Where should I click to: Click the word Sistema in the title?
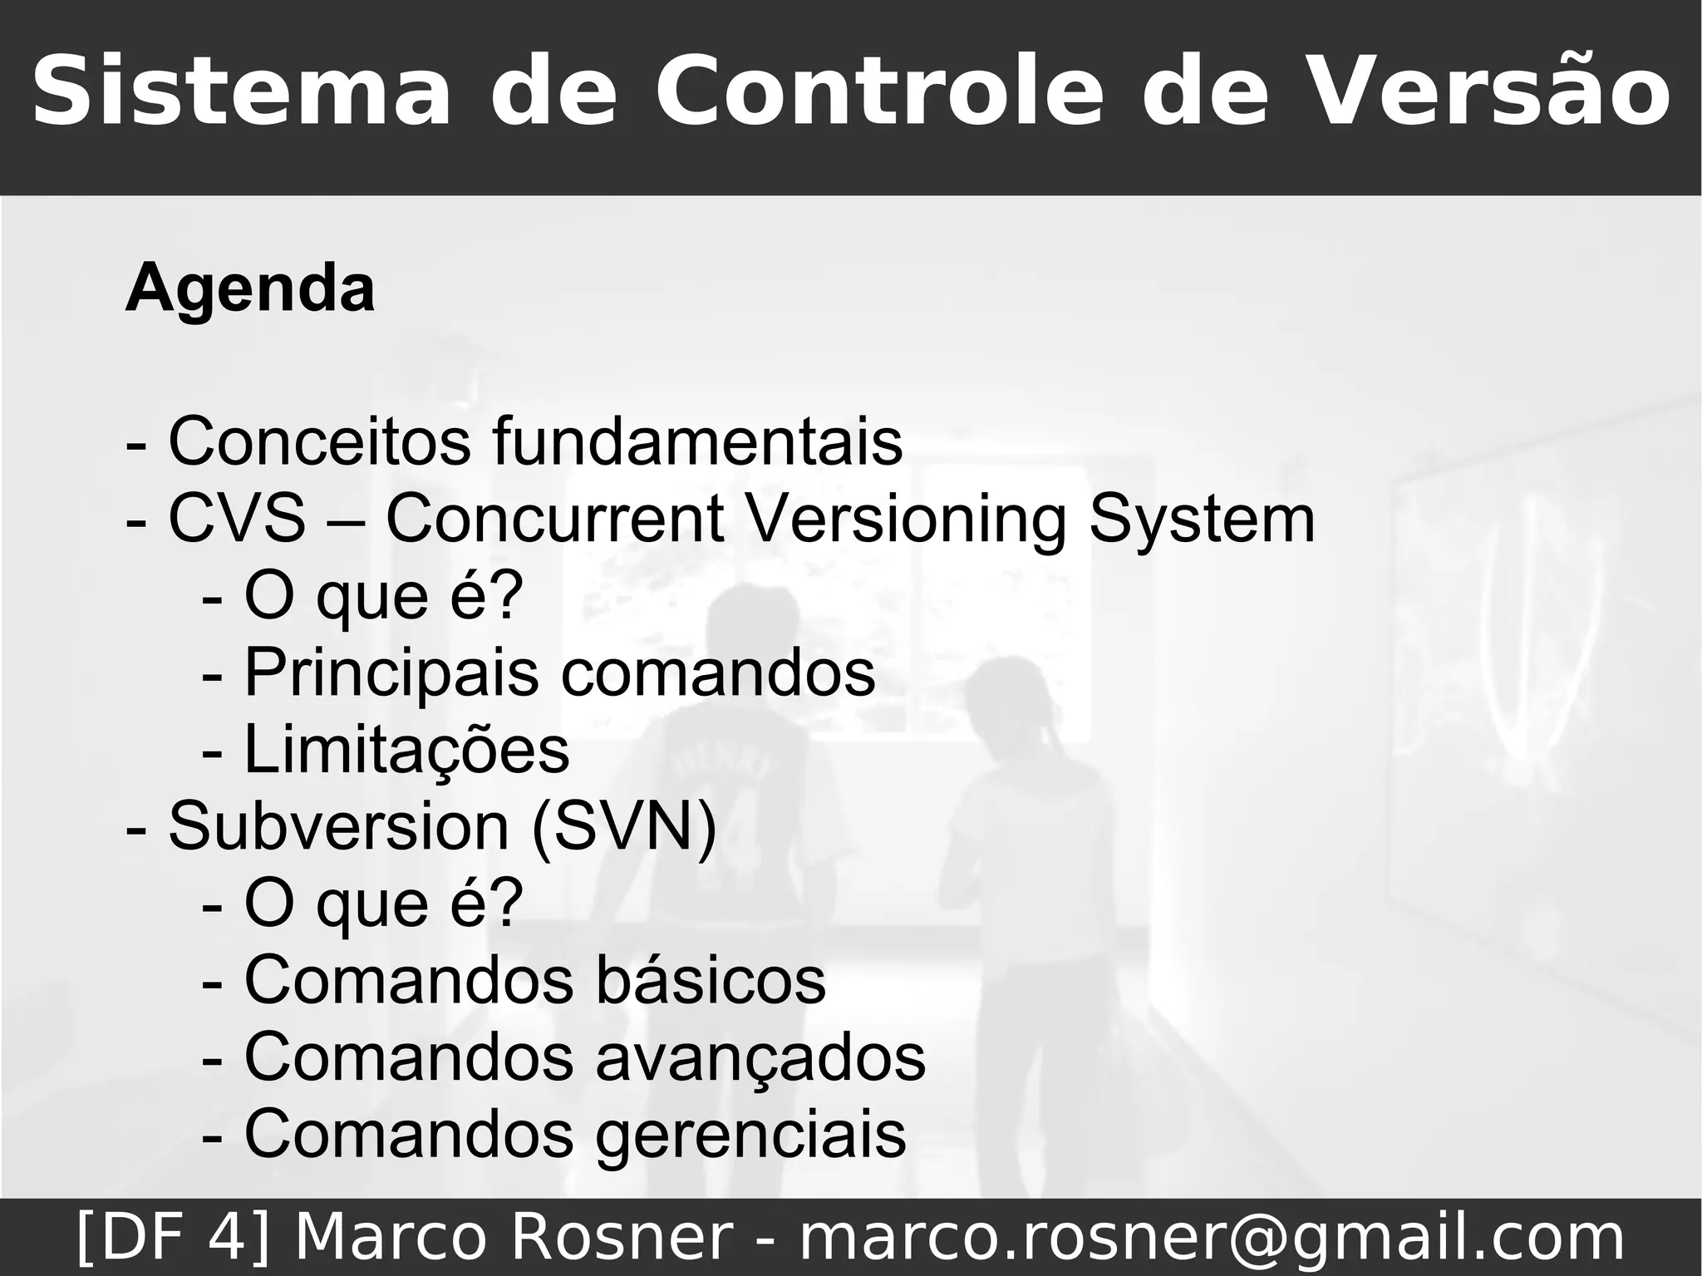click(x=241, y=91)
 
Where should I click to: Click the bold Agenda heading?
click(x=249, y=288)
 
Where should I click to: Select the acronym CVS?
click(x=237, y=519)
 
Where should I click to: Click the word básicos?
click(x=711, y=980)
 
